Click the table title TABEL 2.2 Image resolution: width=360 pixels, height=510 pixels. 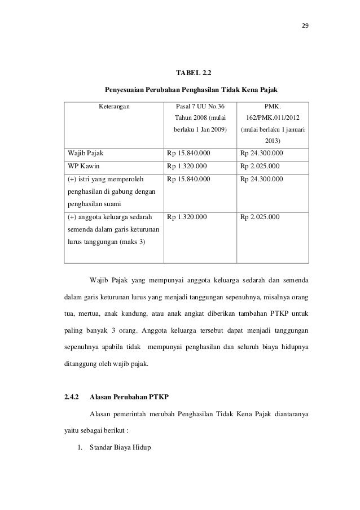[x=196, y=73]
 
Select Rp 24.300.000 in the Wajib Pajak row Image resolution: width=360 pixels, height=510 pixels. [x=262, y=153]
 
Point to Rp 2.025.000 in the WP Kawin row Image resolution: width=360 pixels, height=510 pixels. [x=260, y=166]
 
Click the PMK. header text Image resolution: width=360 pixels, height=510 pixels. [x=274, y=106]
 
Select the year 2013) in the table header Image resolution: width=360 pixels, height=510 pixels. [x=274, y=141]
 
